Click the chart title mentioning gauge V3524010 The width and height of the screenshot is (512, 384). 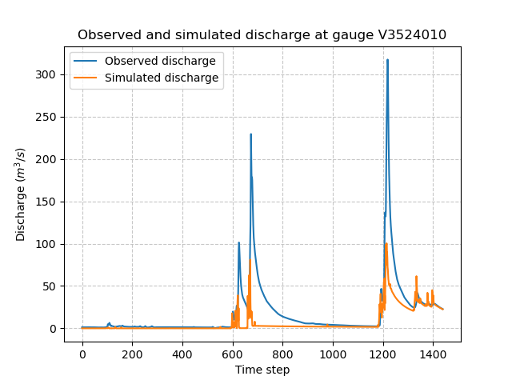tap(262, 35)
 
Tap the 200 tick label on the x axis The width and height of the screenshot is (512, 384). tap(132, 354)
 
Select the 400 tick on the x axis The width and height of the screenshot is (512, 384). tap(182, 354)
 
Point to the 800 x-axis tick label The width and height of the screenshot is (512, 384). tap(282, 354)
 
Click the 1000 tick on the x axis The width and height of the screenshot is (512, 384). tap(333, 354)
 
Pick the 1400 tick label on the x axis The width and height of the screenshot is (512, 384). tap(433, 354)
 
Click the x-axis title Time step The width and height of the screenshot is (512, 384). tap(262, 370)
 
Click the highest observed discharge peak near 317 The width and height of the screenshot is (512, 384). tap(387, 60)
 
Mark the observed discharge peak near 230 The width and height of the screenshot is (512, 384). tap(250, 134)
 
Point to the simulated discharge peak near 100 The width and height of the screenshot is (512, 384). tap(386, 244)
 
